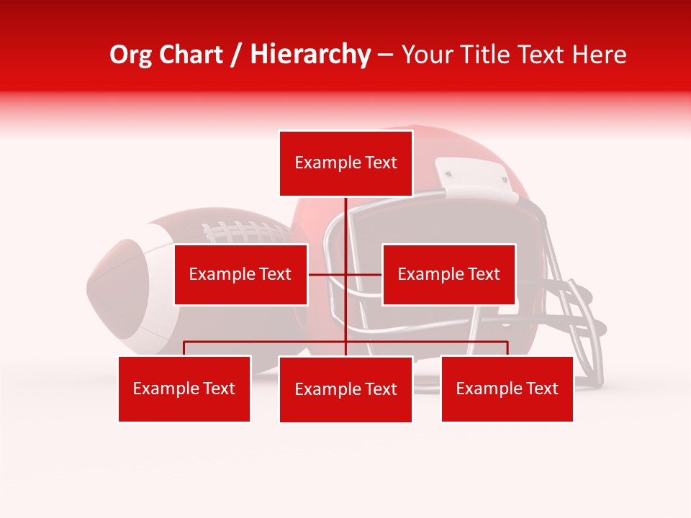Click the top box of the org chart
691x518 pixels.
tap(345, 163)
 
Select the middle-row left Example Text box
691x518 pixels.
tap(240, 274)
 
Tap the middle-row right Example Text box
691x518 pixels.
tap(448, 274)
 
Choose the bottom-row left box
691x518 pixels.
tap(184, 388)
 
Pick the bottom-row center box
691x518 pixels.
tap(345, 389)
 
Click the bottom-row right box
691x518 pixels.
tap(507, 388)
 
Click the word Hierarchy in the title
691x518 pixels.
tap(310, 55)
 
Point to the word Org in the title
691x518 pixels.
tap(131, 55)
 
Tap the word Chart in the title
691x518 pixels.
tap(192, 55)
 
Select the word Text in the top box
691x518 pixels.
tap(380, 163)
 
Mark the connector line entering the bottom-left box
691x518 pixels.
tap(184, 348)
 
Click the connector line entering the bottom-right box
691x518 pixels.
tap(507, 348)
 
